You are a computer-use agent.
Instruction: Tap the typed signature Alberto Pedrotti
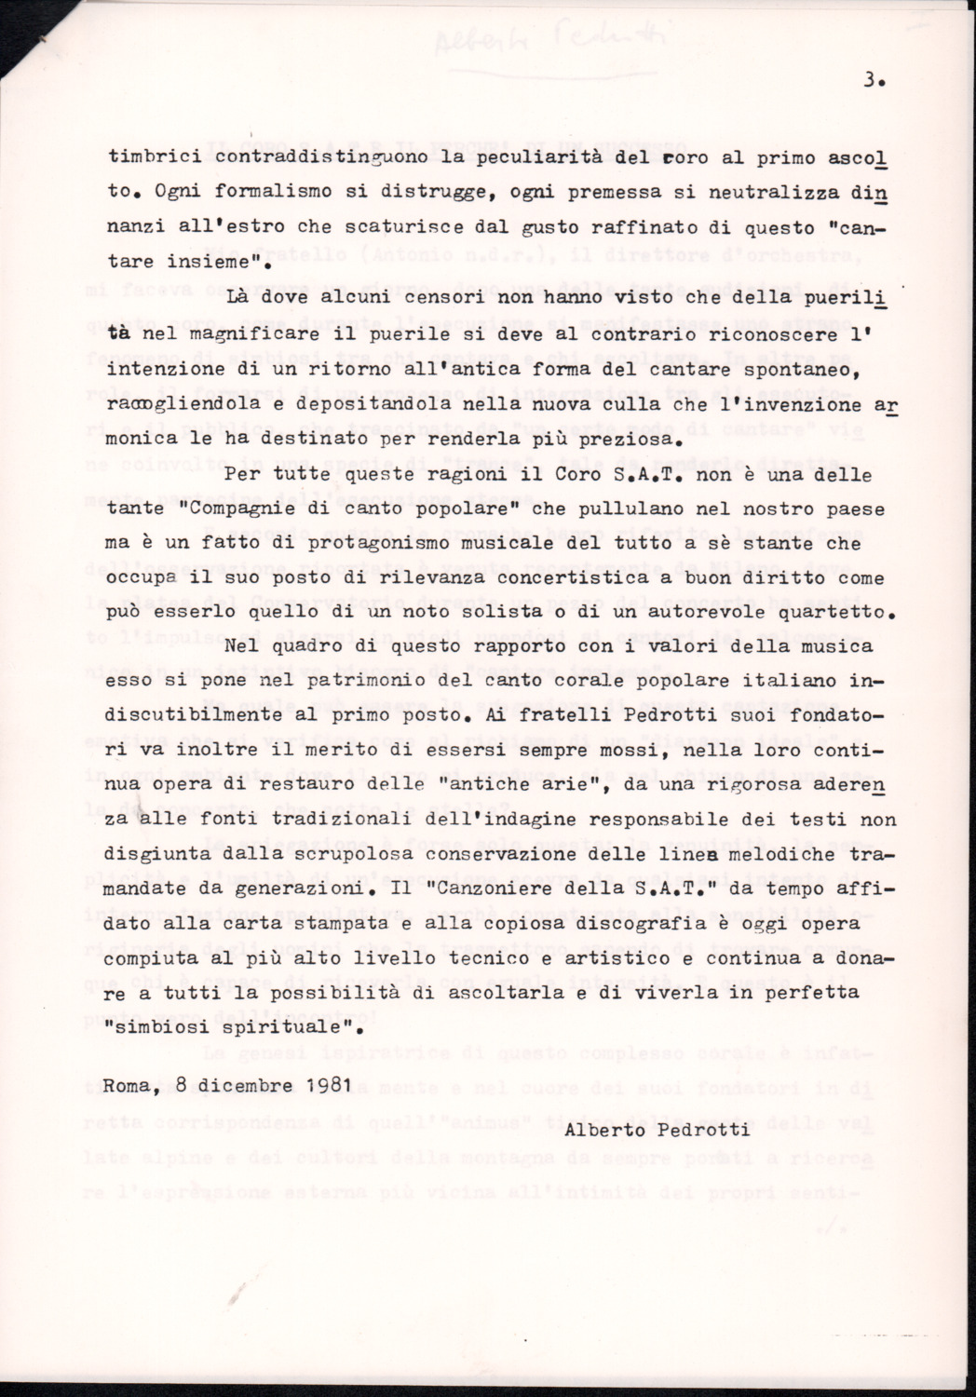pos(657,1130)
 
